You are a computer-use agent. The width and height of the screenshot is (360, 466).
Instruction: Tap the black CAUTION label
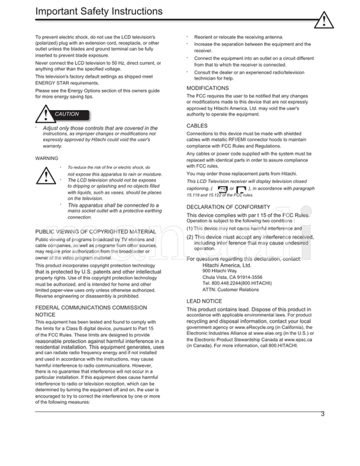[x=66, y=114]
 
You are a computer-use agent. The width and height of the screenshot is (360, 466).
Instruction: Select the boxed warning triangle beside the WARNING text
[x=47, y=176]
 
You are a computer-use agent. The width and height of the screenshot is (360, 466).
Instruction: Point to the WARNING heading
[x=47, y=158]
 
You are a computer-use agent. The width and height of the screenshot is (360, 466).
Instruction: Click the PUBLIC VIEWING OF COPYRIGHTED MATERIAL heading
[x=95, y=231]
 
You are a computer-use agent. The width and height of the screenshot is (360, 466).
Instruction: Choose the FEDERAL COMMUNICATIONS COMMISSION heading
[x=95, y=307]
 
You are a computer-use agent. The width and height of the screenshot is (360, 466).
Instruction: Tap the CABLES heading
[x=197, y=126]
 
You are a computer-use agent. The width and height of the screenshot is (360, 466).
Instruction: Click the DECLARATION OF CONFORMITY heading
[x=228, y=206]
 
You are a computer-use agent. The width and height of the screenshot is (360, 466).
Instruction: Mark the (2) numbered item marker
[x=190, y=237]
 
